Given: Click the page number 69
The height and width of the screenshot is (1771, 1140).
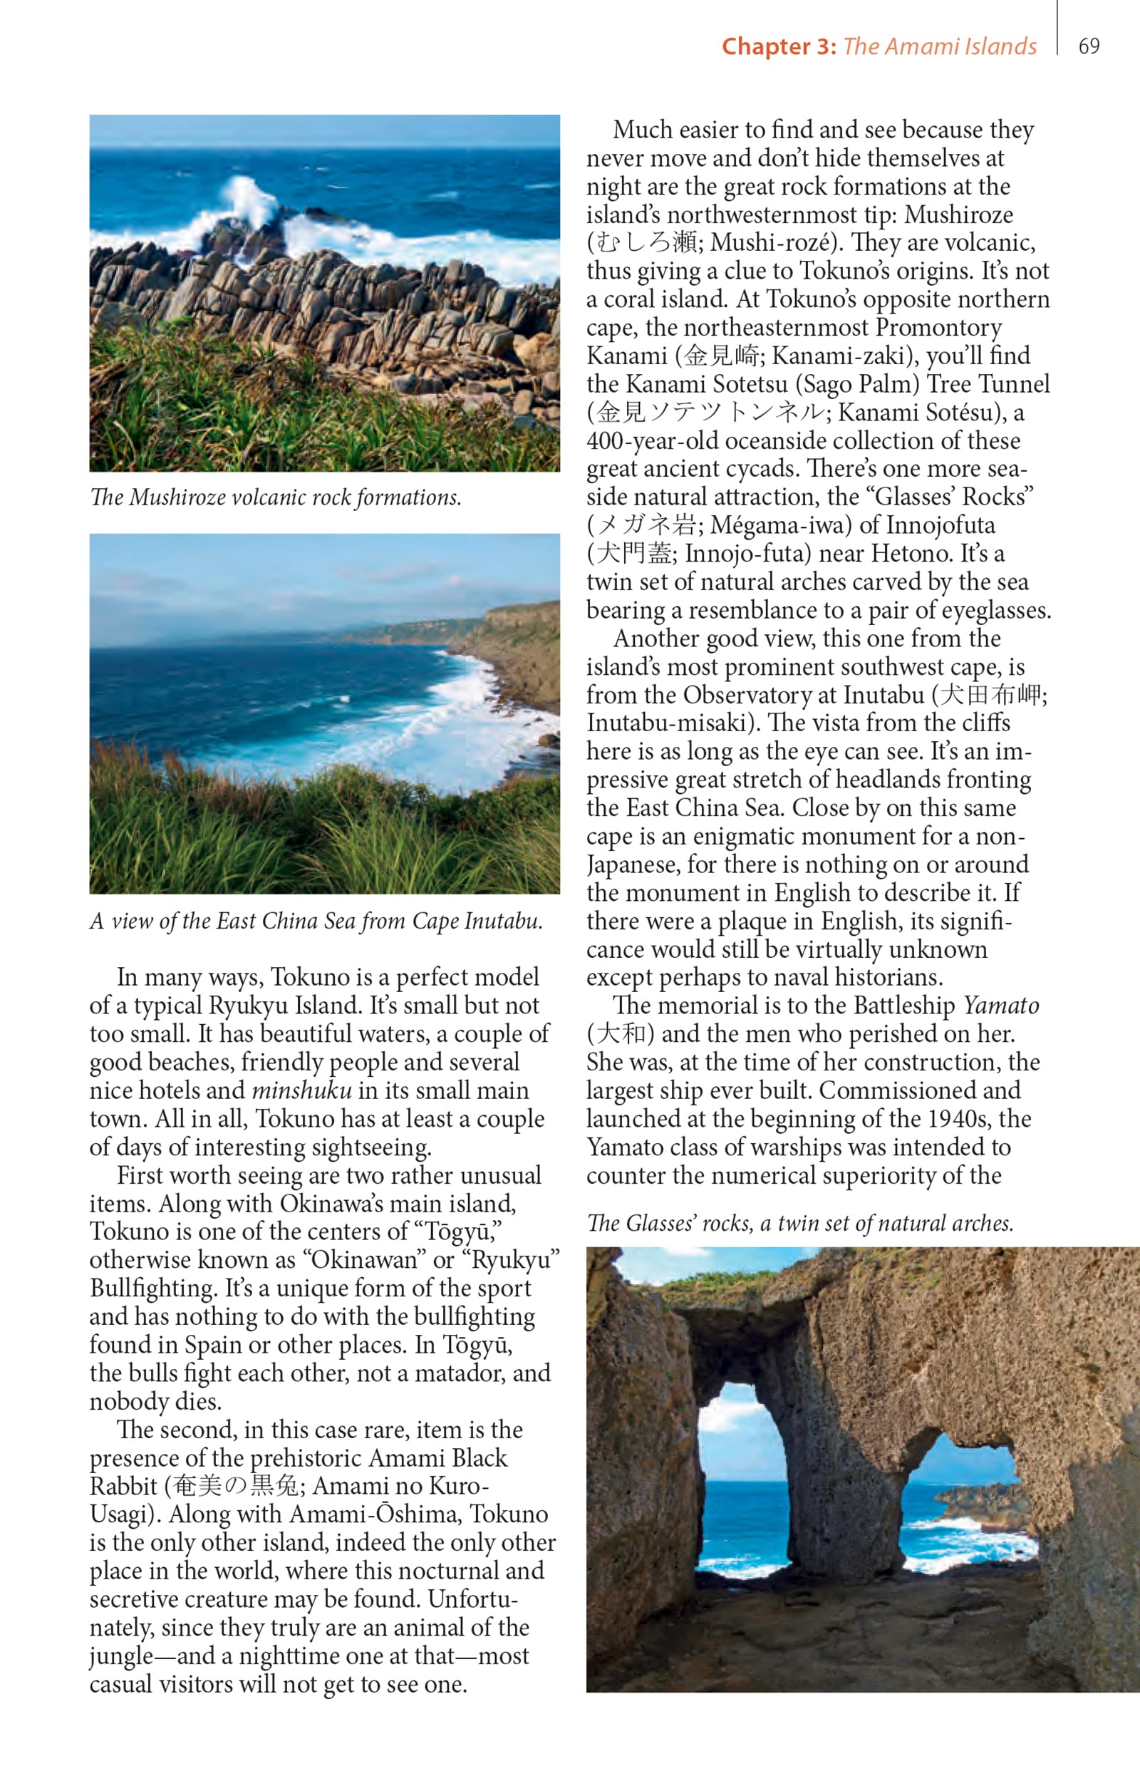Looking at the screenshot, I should (x=1088, y=46).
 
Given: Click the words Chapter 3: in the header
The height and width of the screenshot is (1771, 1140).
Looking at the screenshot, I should (x=779, y=46).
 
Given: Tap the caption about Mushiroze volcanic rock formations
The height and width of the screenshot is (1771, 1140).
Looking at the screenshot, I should (x=275, y=497).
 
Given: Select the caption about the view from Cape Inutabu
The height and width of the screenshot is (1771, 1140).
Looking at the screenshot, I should (x=316, y=920).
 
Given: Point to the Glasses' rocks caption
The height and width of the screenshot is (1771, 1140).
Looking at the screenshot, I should (x=799, y=1223).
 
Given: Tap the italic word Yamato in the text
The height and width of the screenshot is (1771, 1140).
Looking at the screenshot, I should (x=1001, y=1006).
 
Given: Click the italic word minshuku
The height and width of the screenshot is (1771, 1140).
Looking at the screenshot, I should (x=301, y=1090).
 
